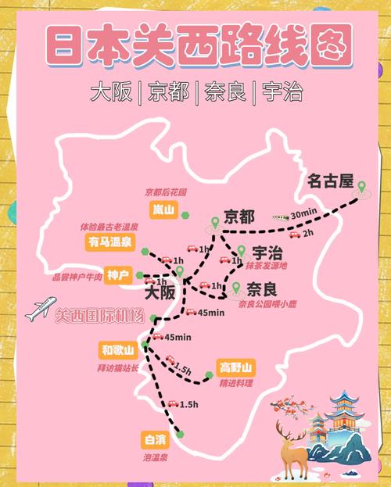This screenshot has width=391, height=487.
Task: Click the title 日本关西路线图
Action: click(195, 45)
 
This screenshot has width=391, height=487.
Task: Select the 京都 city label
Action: click(239, 215)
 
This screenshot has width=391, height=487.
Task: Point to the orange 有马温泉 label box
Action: click(109, 243)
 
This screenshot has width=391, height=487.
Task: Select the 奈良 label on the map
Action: click(259, 287)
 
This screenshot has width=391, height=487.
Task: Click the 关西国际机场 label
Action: click(99, 317)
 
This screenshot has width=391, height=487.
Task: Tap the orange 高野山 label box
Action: click(236, 367)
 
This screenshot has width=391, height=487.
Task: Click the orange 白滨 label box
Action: click(152, 439)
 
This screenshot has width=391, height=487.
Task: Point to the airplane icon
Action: click(41, 310)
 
